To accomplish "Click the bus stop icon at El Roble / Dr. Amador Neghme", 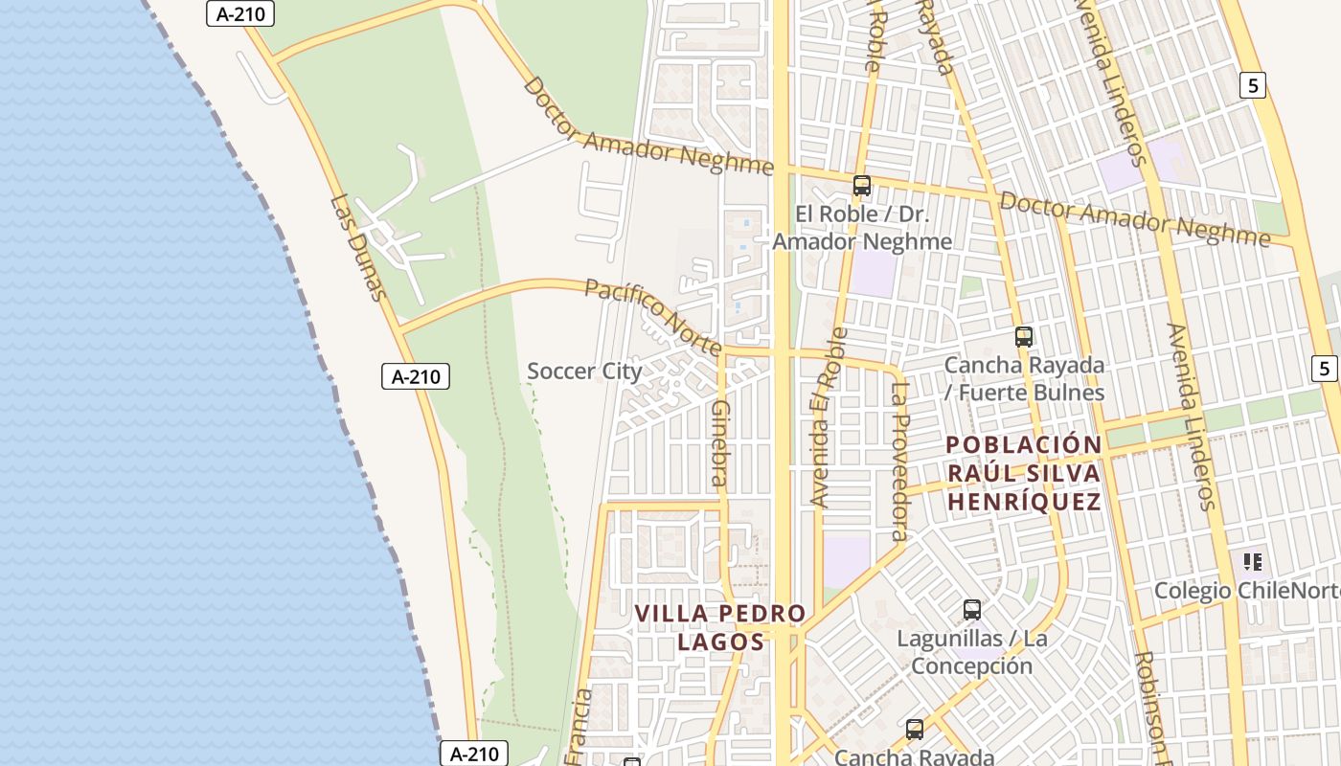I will click(x=862, y=186).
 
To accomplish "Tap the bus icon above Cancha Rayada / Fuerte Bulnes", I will click(x=1024, y=337).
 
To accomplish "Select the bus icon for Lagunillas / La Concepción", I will click(x=972, y=610).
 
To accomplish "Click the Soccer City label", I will click(x=584, y=372).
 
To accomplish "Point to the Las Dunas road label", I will click(x=360, y=248).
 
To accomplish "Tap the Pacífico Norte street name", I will click(x=653, y=317).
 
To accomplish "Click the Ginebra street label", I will click(x=719, y=442).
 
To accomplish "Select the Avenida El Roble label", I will click(x=829, y=417).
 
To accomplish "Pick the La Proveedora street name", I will click(x=899, y=461).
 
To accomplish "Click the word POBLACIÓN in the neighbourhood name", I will click(x=1024, y=445).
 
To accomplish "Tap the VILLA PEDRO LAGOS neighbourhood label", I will click(x=721, y=627).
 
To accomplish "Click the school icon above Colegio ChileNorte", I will click(x=1253, y=562).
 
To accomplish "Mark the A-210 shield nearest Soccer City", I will click(x=416, y=376).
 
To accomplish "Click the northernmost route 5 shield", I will click(x=1253, y=85).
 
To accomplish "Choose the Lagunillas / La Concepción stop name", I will click(x=972, y=652).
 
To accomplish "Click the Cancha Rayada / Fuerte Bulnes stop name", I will click(x=1024, y=379).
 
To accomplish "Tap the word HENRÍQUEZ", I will click(x=1024, y=502).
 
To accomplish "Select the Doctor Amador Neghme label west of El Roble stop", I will click(x=648, y=126).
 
